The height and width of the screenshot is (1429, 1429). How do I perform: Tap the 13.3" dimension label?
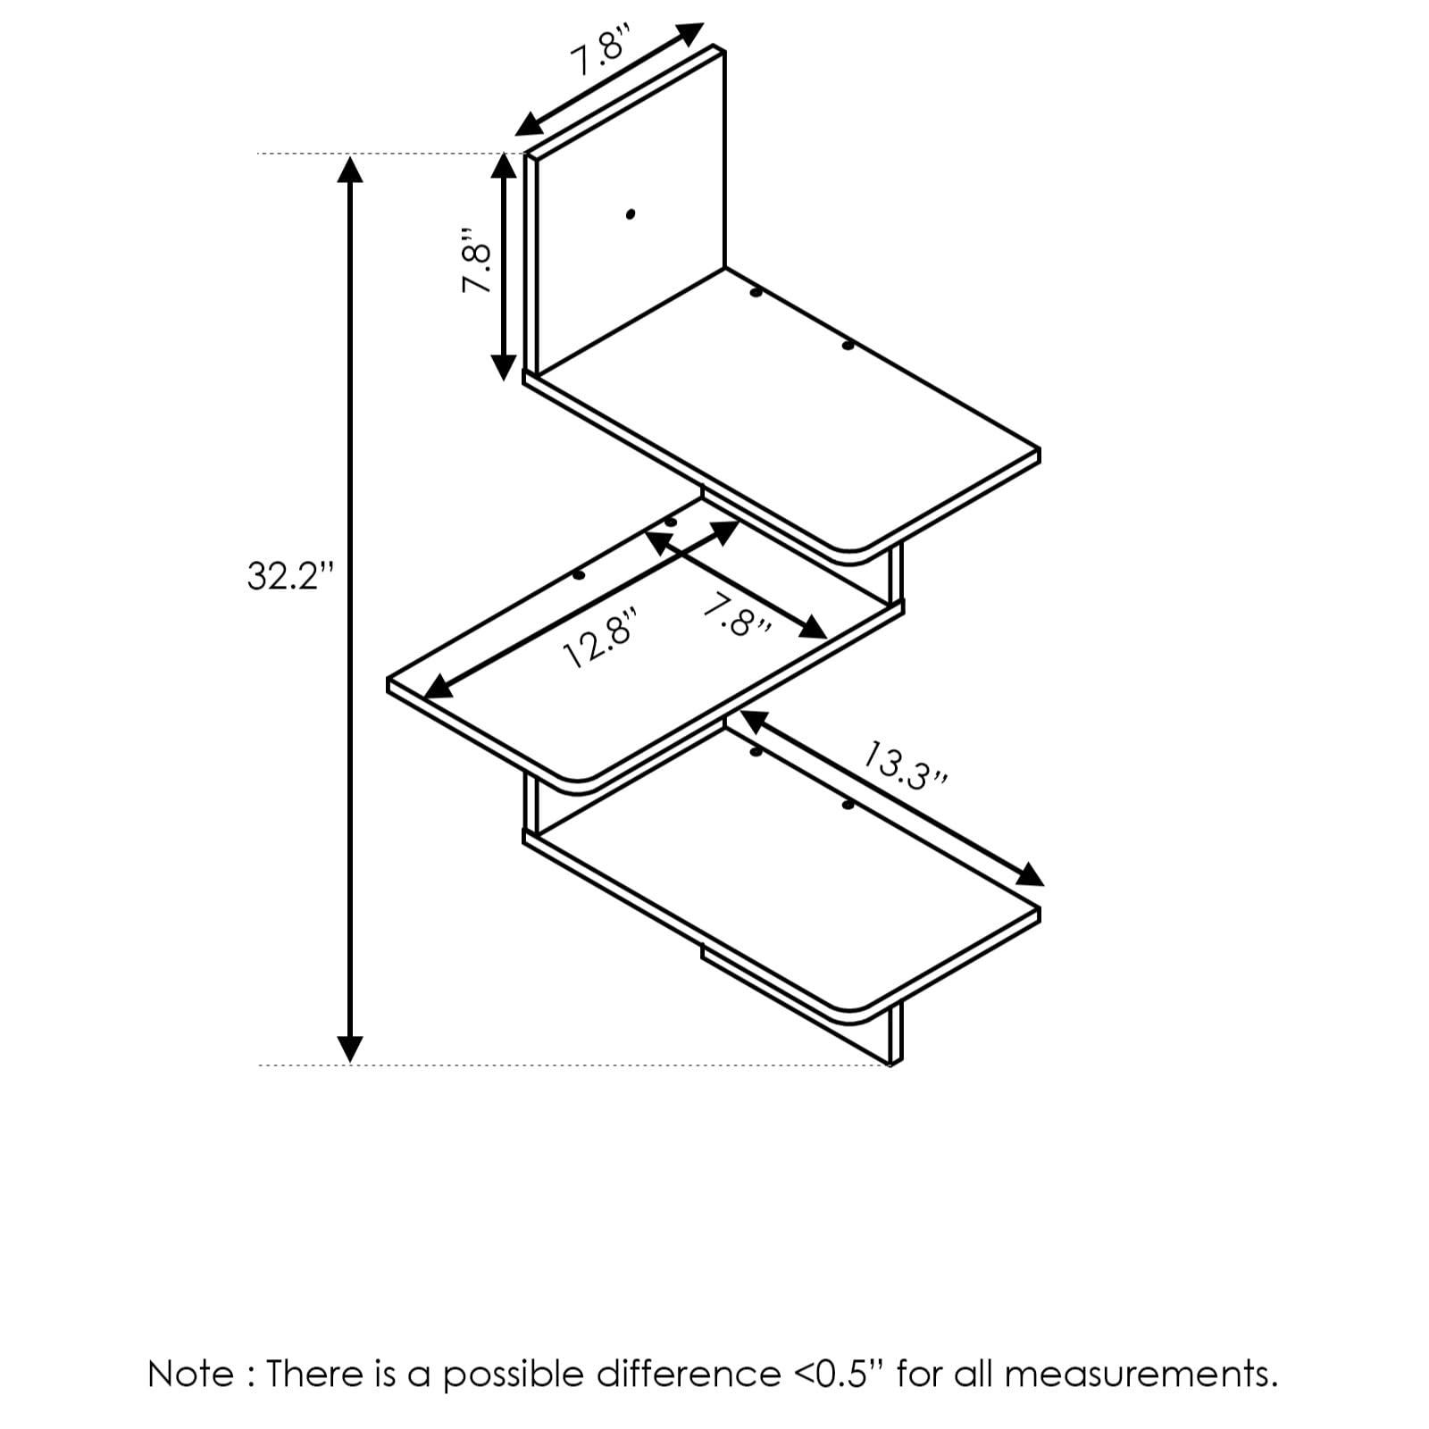coord(904,766)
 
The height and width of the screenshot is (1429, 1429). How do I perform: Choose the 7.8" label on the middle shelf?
coord(738,616)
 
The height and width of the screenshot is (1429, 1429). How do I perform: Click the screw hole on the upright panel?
coord(631,214)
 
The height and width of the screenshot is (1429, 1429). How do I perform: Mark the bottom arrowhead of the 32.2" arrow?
coord(350,1049)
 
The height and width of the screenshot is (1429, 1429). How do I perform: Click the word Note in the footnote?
coord(190,1374)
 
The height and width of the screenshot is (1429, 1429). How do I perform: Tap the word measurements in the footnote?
coord(1141,1374)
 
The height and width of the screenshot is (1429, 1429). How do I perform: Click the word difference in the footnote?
coord(688,1374)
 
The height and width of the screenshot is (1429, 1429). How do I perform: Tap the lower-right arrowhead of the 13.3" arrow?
coord(1032,875)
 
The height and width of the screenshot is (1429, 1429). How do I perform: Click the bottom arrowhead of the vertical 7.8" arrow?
coord(505,367)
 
